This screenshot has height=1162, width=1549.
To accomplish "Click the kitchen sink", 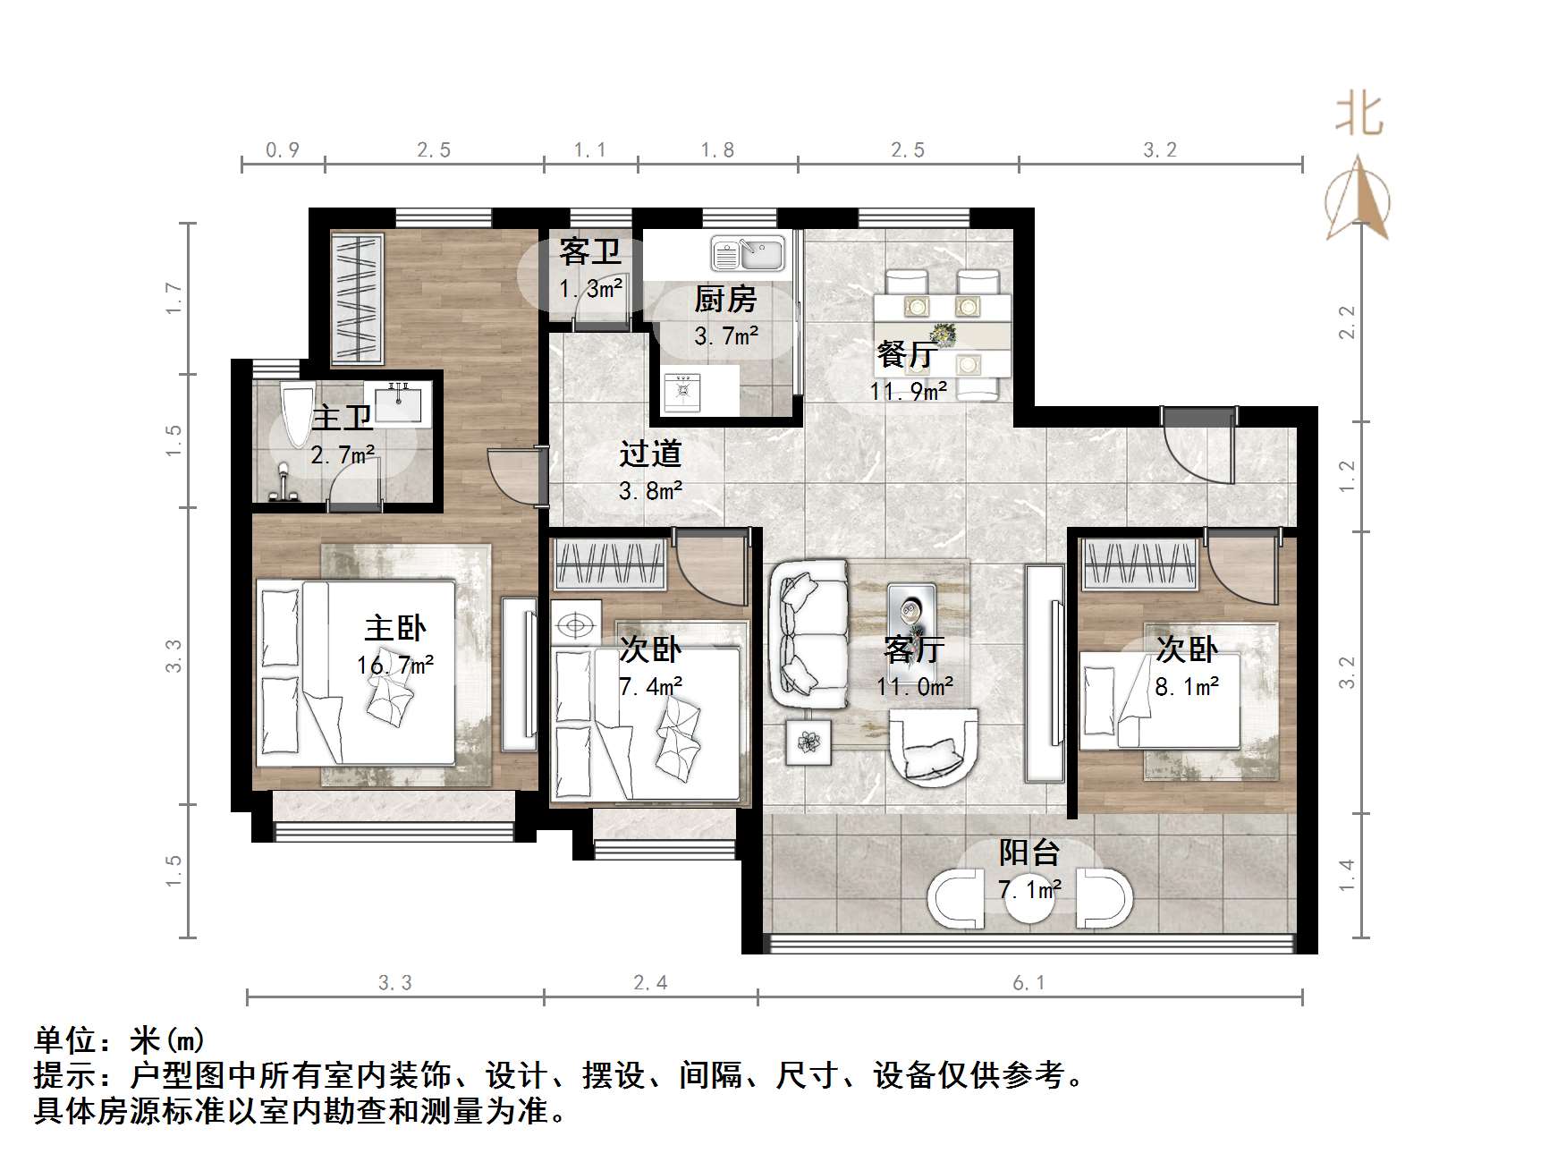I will (748, 253).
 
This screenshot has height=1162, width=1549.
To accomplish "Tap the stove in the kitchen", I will (682, 391).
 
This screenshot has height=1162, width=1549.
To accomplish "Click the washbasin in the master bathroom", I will (402, 403).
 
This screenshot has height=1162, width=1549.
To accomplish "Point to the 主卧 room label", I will (395, 628).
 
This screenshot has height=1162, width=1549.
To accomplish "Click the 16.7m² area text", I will (395, 666).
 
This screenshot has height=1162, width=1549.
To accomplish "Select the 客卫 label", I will (590, 251).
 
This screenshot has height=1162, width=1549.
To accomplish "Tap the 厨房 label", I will (725, 299).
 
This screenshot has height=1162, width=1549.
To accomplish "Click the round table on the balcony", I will (1030, 897).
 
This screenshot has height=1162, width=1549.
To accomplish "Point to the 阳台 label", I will (1029, 852).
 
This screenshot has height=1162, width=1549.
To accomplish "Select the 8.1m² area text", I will (1187, 687).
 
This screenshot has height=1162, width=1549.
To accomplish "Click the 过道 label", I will (650, 454).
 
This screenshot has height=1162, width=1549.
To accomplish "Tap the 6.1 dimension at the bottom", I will (1028, 983).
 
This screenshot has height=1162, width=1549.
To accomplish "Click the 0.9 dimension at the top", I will (283, 150).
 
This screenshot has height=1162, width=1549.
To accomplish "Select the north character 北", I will (1359, 116).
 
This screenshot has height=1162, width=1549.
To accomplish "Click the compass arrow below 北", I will (1358, 199).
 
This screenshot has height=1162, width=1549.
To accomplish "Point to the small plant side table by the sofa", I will (808, 742).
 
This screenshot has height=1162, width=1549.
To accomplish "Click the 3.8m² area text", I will (651, 490).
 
